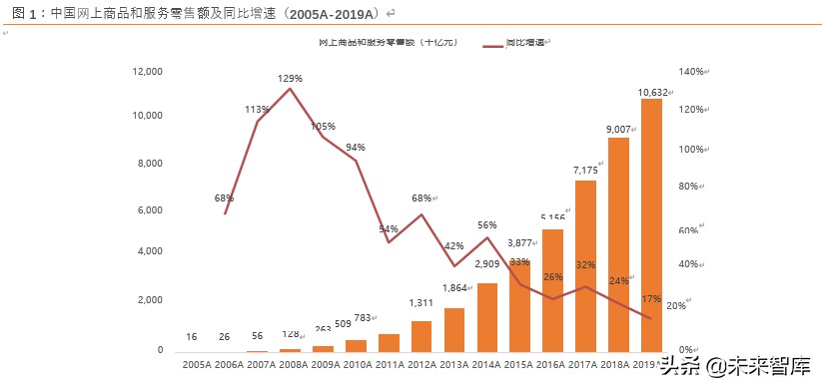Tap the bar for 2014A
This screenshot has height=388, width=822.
(x=486, y=317)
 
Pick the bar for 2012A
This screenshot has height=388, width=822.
(x=421, y=336)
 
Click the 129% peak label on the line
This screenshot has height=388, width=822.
(x=290, y=78)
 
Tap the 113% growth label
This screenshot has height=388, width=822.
(x=258, y=110)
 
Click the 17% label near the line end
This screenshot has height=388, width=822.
(x=651, y=298)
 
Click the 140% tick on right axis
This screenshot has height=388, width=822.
(x=692, y=72)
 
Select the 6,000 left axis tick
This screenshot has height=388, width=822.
(x=149, y=210)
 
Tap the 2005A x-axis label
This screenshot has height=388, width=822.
(x=197, y=366)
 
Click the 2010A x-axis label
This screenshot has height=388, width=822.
(x=357, y=366)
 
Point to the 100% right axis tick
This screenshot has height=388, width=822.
(x=692, y=149)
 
